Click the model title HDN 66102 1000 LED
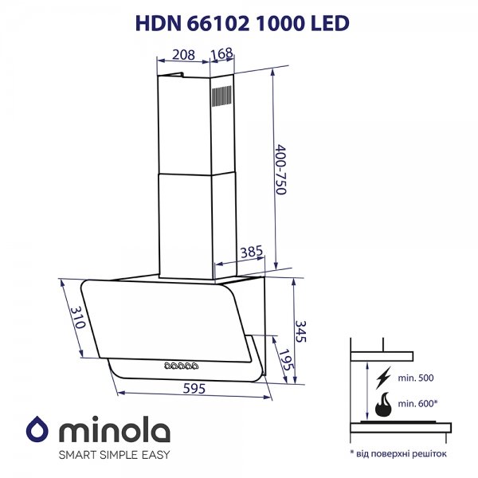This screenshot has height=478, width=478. pos(242,23)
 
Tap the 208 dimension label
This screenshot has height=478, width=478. pos(183,55)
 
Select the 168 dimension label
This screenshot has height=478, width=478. pos(222,53)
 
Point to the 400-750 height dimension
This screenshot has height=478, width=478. pos(280,170)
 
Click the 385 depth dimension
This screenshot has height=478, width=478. pos(252,252)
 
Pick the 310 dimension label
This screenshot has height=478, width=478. pos(78,317)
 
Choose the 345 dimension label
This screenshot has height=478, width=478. pos(300,331)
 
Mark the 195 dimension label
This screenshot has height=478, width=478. pos(287,360)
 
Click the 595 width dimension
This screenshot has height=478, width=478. pos(194,389)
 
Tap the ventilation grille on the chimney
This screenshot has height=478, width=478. pos(221,96)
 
